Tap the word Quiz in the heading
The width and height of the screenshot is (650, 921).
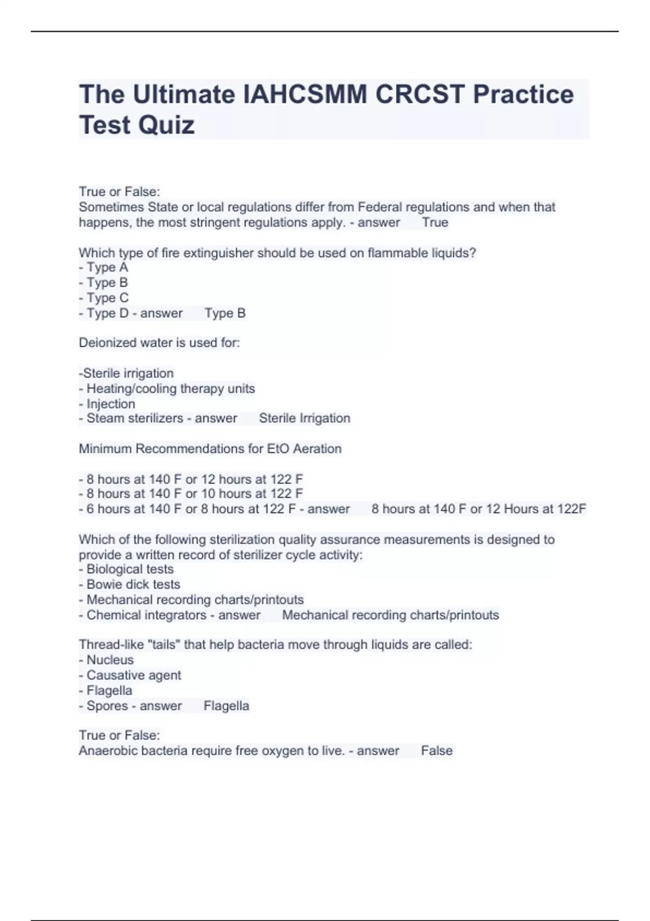click(166, 126)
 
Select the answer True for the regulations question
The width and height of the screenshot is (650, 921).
click(435, 223)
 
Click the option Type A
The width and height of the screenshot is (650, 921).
click(107, 268)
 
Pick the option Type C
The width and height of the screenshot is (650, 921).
click(107, 298)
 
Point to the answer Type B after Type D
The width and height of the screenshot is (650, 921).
click(225, 313)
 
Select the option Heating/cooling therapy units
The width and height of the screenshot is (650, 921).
click(170, 389)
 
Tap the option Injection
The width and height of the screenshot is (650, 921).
click(110, 404)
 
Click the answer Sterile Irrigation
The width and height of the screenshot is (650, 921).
click(304, 418)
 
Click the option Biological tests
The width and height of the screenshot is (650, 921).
click(129, 569)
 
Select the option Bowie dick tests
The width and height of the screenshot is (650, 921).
click(133, 585)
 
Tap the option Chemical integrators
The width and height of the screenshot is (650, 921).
click(146, 615)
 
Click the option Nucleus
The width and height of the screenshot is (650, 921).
click(109, 660)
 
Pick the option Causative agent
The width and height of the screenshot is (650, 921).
click(133, 676)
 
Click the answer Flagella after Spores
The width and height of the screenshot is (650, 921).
click(226, 706)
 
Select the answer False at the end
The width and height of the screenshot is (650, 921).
click(437, 751)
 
